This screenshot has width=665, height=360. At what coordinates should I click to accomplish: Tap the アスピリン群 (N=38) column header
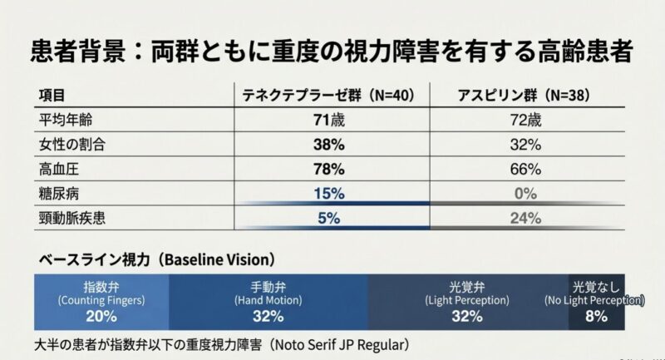(524, 96)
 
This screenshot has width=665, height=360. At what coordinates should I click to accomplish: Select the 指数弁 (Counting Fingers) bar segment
(101, 299)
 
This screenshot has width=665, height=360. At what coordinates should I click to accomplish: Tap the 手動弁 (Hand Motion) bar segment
(268, 299)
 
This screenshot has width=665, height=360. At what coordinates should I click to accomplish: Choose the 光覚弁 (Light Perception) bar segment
(467, 299)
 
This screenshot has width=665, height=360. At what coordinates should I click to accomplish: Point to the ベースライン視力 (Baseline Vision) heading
(154, 259)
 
